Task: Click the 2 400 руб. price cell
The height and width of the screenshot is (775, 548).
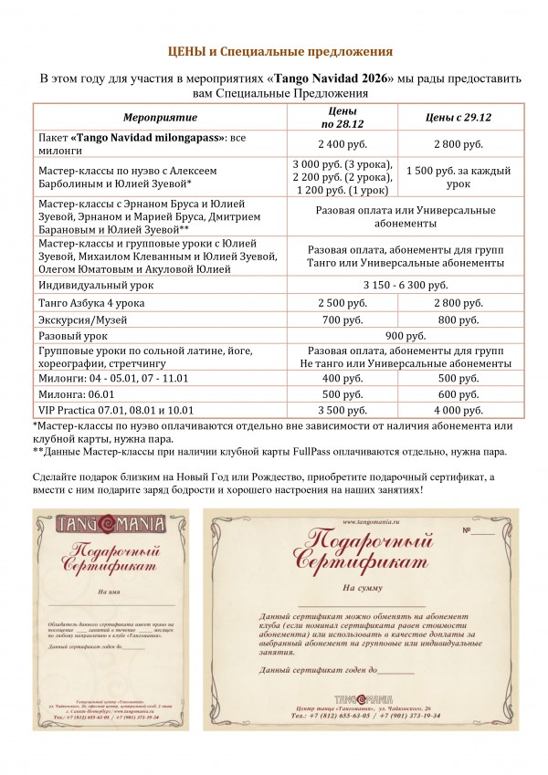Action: [x=342, y=144]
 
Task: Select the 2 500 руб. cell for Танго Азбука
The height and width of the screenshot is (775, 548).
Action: [x=342, y=303]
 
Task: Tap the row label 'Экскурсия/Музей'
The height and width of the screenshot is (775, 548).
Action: [x=85, y=320]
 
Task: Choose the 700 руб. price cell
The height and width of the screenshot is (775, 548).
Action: [x=342, y=320]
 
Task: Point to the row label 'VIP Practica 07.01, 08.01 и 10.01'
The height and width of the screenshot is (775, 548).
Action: [x=117, y=411]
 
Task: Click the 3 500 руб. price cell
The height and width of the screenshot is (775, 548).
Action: [x=342, y=411]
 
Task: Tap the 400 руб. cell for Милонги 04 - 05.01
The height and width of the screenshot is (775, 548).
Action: [x=342, y=378]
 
